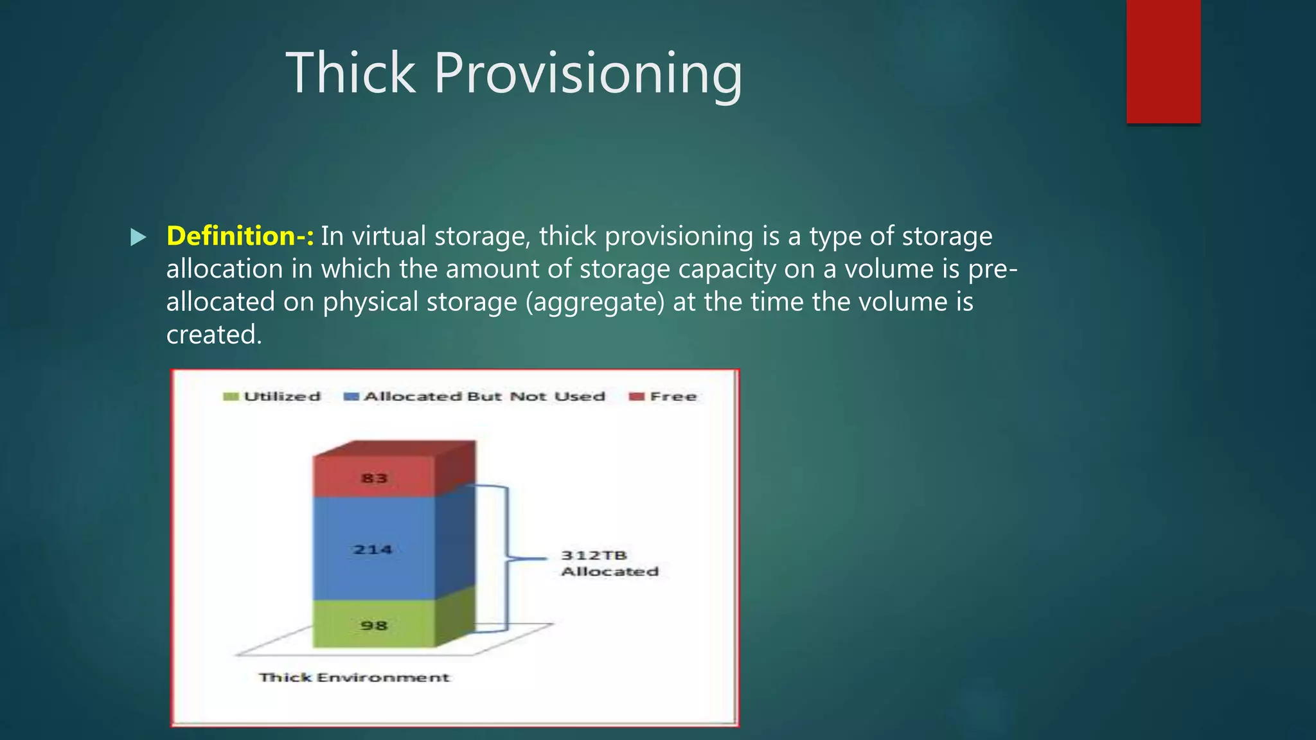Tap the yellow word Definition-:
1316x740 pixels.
coord(240,236)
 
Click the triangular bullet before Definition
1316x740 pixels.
coord(138,238)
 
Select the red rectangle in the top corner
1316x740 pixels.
coord(1163,61)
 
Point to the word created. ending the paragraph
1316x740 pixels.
coord(214,335)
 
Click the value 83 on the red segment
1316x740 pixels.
coord(374,479)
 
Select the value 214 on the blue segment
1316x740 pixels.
coord(373,550)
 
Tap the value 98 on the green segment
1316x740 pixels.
coord(374,626)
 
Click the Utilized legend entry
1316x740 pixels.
coord(281,396)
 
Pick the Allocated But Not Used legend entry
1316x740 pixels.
coord(484,396)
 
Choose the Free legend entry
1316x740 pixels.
coord(673,396)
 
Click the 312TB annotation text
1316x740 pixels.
coord(594,555)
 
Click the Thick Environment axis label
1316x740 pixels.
coord(354,678)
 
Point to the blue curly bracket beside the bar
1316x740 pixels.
coord(508,558)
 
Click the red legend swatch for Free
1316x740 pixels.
coord(636,396)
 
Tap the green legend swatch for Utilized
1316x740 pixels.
coord(231,396)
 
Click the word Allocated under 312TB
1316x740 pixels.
coord(610,572)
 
